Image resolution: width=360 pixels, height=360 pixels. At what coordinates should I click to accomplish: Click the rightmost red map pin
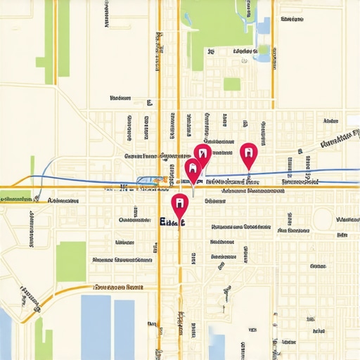pos(248,152)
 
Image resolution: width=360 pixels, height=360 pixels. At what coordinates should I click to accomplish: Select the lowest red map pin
pos(179,203)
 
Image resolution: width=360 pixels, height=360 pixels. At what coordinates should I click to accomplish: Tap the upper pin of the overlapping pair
pos(202,153)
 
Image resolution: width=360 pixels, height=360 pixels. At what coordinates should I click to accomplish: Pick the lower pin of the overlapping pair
pos(192,168)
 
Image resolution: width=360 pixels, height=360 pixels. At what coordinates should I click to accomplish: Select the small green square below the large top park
pos(231,84)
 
